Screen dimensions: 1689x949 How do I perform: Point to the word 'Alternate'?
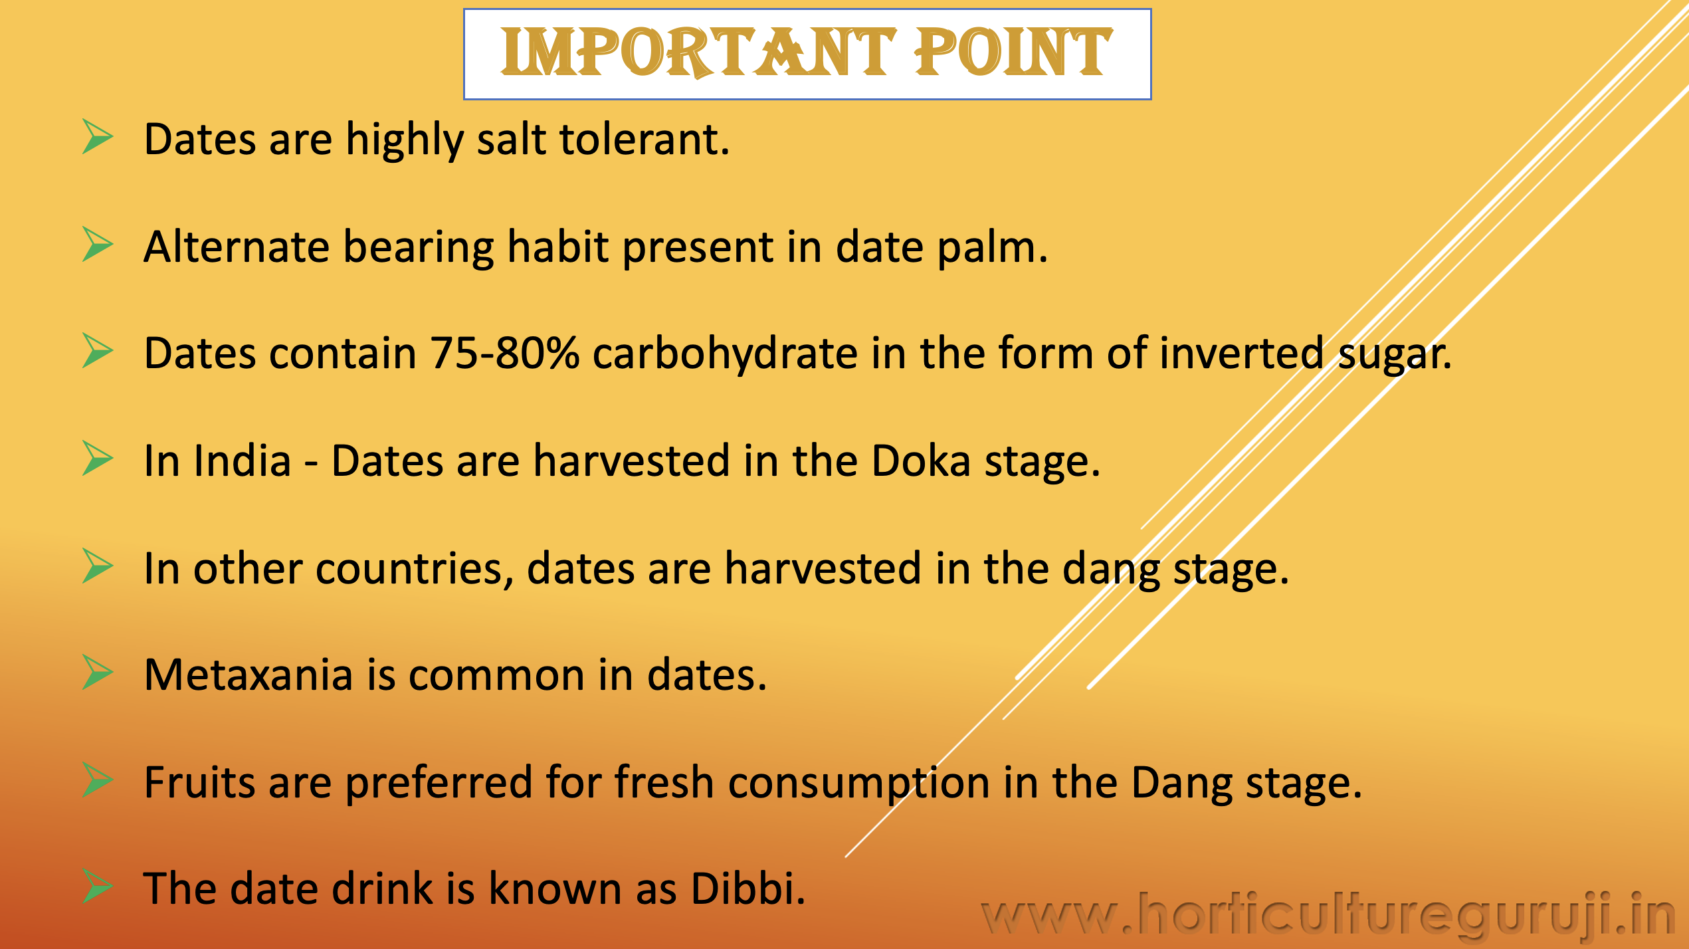click(237, 247)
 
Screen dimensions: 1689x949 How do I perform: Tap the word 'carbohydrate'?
click(725, 354)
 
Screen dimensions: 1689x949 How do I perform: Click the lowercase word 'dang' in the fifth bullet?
click(1111, 570)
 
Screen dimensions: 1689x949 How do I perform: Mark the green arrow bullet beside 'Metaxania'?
click(98, 672)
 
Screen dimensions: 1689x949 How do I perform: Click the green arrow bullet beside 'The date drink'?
click(98, 886)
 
